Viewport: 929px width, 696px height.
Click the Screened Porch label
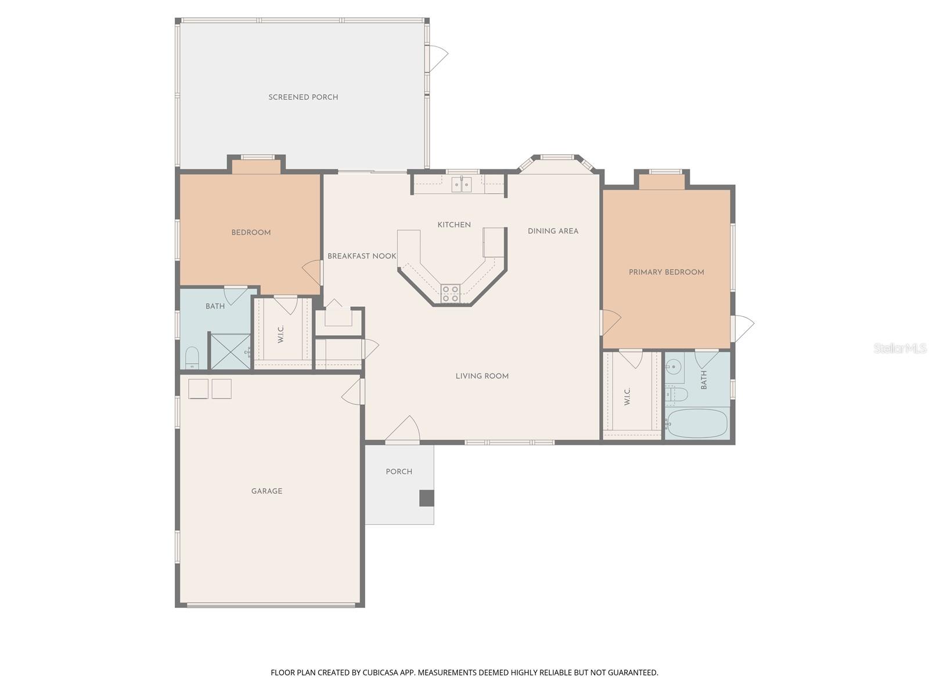(x=303, y=97)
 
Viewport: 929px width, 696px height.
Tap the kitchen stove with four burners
(x=451, y=294)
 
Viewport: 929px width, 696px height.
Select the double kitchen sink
(x=462, y=184)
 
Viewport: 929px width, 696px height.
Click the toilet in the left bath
(x=192, y=358)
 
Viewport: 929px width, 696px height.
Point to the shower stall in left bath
(x=231, y=351)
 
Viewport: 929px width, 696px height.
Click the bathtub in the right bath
(x=696, y=423)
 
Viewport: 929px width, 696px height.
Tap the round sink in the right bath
(x=674, y=367)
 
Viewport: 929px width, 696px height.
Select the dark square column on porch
(x=427, y=498)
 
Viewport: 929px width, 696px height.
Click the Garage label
(x=267, y=491)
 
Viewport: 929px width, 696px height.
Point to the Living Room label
(x=482, y=376)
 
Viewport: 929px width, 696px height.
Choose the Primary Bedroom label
(x=666, y=272)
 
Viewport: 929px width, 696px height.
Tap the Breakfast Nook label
(x=362, y=256)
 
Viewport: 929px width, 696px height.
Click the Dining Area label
(x=553, y=231)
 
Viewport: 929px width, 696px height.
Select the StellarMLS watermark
(x=900, y=349)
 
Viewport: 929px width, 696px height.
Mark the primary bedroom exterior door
(x=742, y=327)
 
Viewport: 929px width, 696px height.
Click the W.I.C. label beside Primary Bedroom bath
(x=627, y=397)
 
